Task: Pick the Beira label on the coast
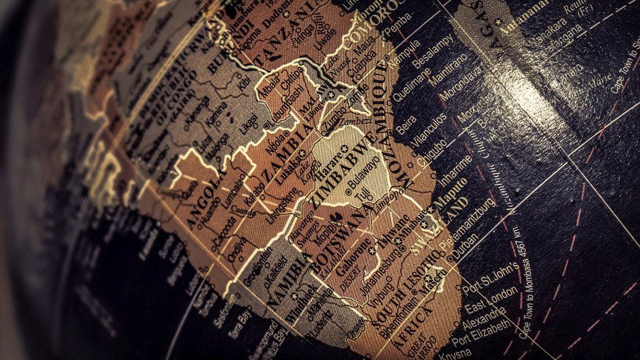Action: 406,124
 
